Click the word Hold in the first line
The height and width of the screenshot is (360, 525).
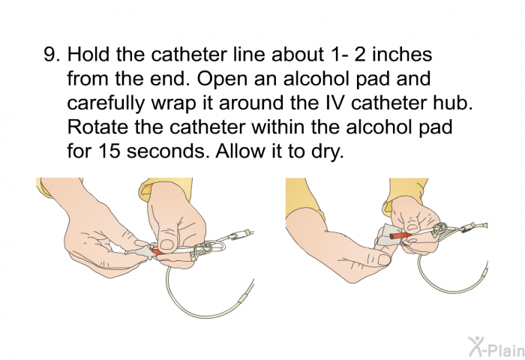click(88, 54)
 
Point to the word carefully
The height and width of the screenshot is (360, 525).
click(105, 104)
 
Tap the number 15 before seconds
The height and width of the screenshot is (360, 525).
click(109, 151)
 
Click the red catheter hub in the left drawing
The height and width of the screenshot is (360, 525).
click(157, 250)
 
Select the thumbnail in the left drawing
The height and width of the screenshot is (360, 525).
click(166, 244)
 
